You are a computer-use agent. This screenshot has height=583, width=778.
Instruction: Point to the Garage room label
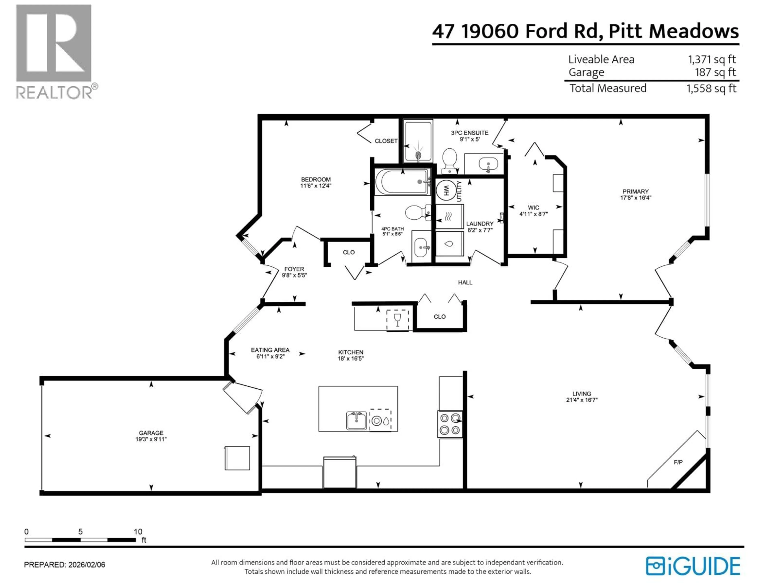[151, 433]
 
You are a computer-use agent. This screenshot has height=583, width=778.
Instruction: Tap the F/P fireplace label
[678, 462]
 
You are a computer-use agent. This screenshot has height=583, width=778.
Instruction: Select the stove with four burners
[450, 424]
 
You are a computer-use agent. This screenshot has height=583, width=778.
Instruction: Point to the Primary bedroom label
[635, 191]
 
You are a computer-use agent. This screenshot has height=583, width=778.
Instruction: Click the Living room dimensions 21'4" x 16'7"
[581, 400]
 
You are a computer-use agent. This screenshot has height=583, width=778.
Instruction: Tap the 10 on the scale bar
[138, 532]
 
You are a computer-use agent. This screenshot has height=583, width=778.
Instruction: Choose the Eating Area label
[270, 350]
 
